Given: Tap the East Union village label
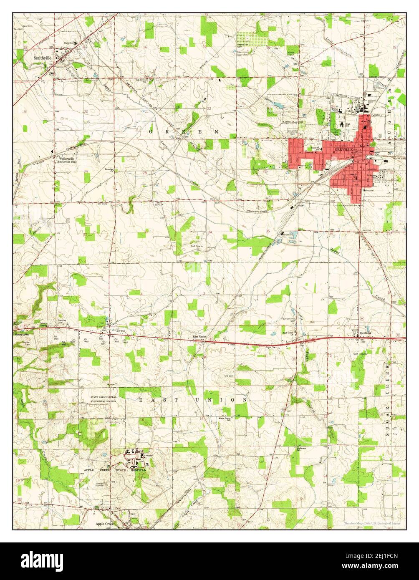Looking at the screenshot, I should (x=199, y=336).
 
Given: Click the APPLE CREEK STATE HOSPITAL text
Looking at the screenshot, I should (x=115, y=470).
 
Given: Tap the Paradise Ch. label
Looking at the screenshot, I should (x=109, y=170).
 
